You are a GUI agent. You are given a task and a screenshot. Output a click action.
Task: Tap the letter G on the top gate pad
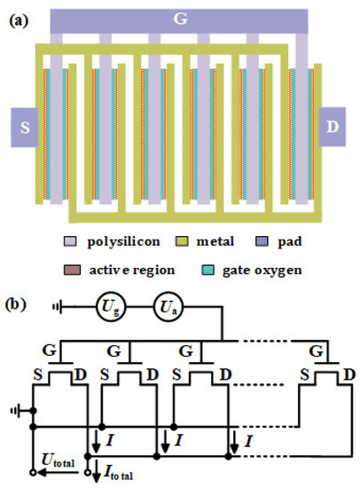click(180, 18)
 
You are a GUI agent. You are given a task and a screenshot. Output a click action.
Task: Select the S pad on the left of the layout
click(24, 129)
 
